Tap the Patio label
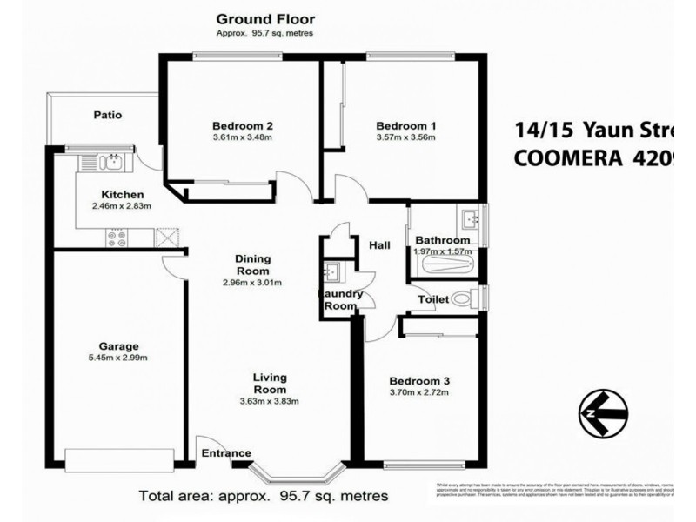[108, 115]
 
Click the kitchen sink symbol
[104, 162]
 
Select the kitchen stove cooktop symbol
[117, 236]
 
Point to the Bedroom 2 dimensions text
[243, 137]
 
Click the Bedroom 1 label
[406, 125]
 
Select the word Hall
[379, 246]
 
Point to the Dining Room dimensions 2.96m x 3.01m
[253, 283]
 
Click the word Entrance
[226, 453]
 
